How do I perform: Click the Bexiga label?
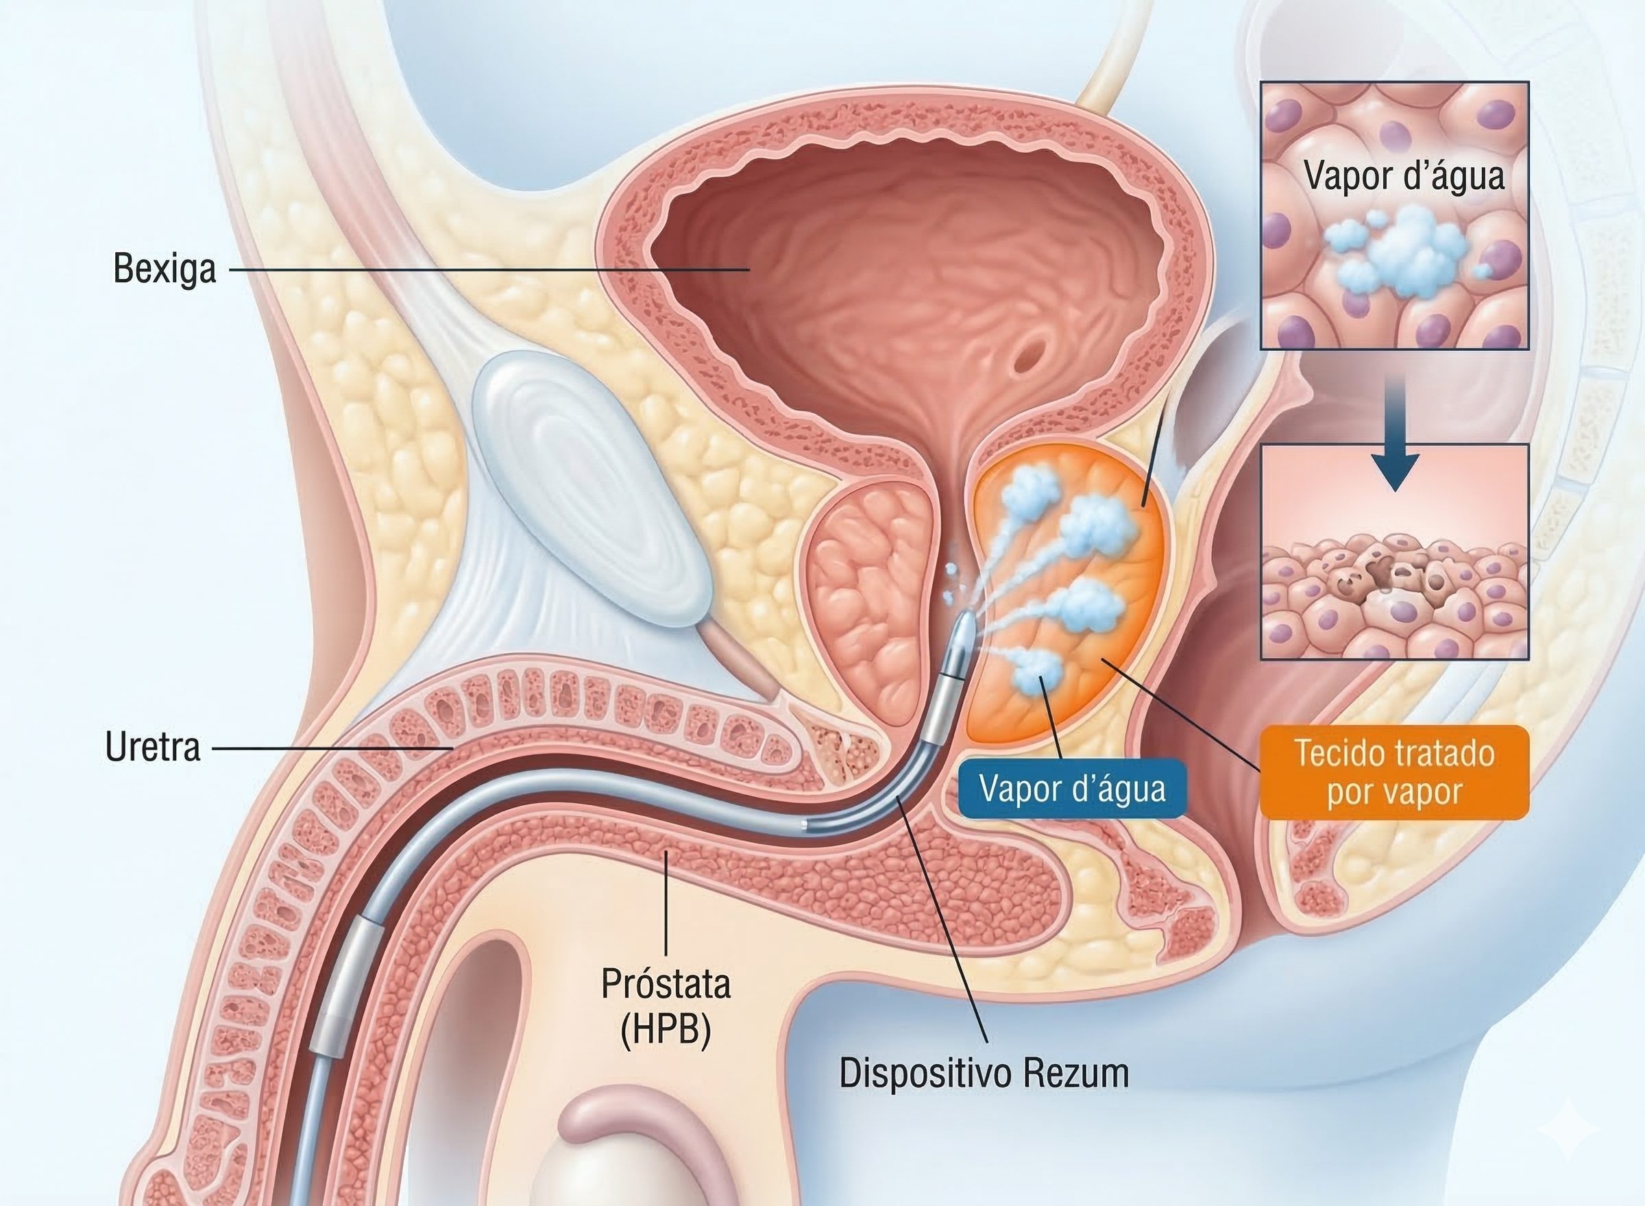click(x=165, y=269)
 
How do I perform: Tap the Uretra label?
click(x=153, y=748)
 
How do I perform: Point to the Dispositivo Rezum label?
click(x=984, y=1073)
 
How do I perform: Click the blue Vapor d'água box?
click(x=1072, y=789)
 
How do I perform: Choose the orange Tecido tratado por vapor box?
click(x=1394, y=772)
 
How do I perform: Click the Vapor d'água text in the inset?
click(x=1404, y=176)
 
